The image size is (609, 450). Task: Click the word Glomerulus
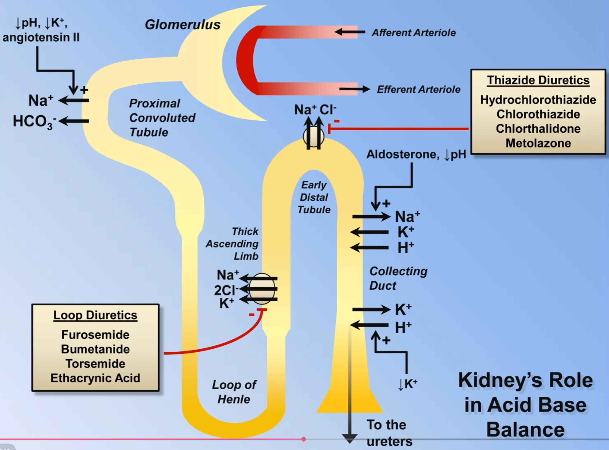182,25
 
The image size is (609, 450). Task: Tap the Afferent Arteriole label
414,33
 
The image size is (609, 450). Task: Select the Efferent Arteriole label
418,89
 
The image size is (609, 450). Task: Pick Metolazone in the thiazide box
538,143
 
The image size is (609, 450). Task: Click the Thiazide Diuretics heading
538,80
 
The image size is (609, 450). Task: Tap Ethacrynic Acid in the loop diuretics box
95,378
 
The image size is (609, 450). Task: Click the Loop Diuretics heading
95,315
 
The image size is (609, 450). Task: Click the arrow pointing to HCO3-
74,121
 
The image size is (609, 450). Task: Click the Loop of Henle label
234,392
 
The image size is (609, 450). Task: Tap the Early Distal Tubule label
314,197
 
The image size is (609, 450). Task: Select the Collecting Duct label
398,278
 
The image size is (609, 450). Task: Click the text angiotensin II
41,37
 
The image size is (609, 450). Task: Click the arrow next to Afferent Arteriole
350,32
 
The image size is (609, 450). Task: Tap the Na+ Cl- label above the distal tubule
315,110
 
